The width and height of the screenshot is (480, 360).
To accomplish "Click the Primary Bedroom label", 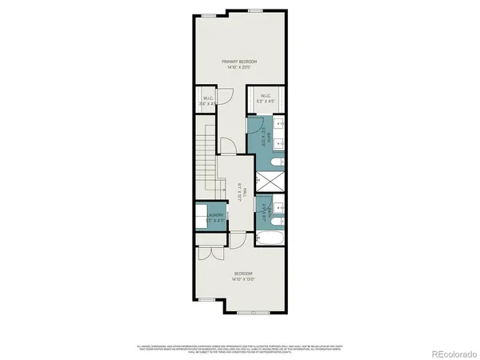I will pos(240,61).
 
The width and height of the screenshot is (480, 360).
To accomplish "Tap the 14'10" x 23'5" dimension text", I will pos(240,67).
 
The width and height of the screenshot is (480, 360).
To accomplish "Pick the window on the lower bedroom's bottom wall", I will pos(254,311).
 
